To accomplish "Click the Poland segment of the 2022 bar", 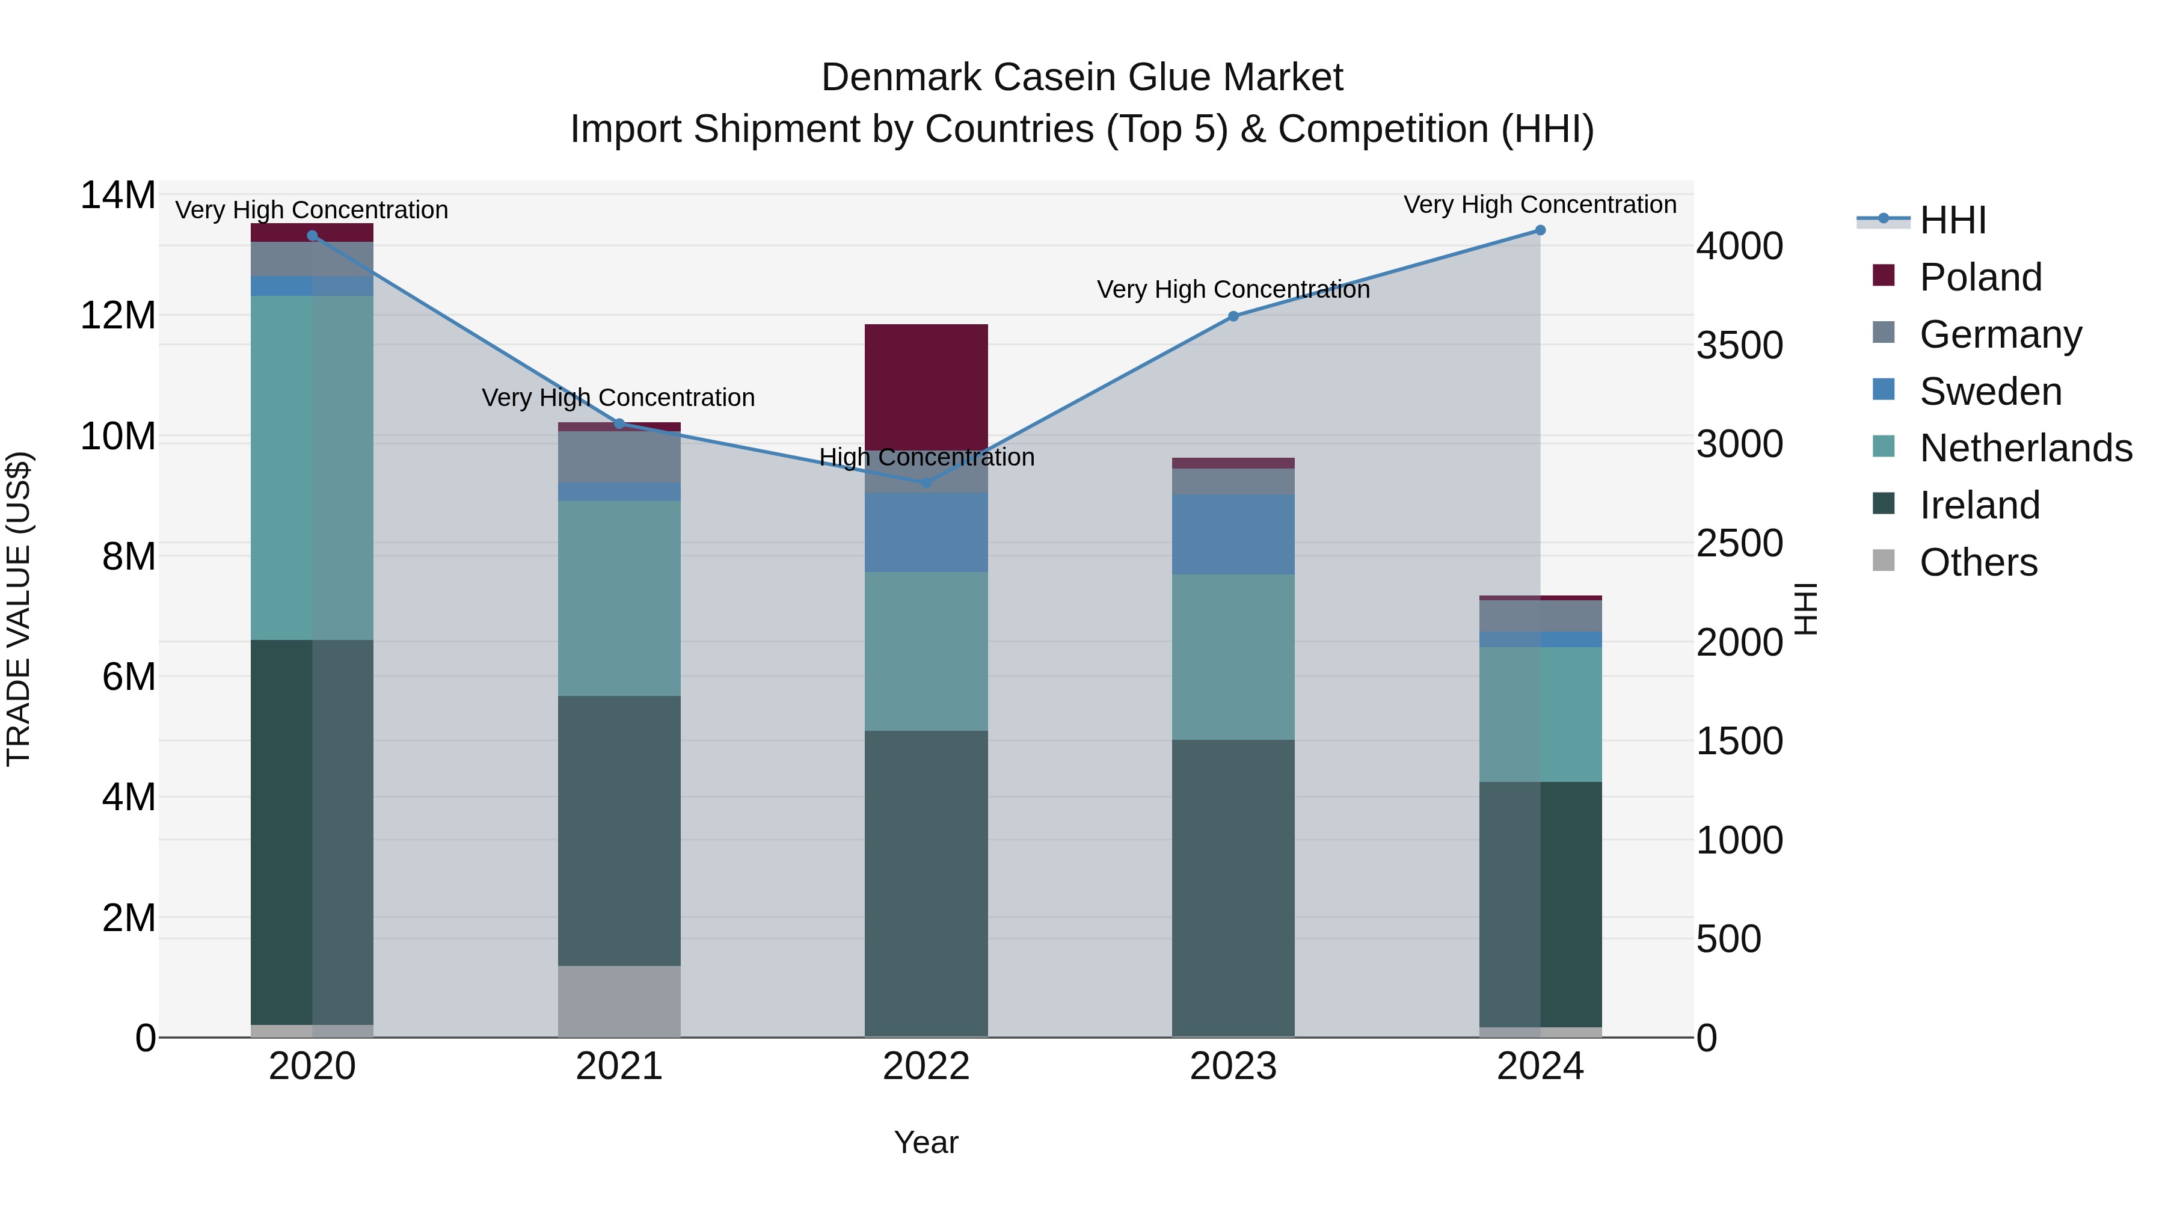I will (x=926, y=387).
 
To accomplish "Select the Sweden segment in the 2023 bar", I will (x=1233, y=535).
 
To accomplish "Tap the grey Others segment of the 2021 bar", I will (x=619, y=1001).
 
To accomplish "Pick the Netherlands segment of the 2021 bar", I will (x=619, y=598).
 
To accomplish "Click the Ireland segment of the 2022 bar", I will (x=926, y=882).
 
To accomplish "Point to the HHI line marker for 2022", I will (x=926, y=482).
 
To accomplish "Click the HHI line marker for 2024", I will (x=1540, y=230).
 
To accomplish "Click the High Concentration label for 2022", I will (x=926, y=457).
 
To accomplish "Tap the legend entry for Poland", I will (x=1980, y=277).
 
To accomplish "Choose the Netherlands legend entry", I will (x=2025, y=448).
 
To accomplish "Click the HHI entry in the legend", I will (x=1952, y=220).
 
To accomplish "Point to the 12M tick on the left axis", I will (x=118, y=316).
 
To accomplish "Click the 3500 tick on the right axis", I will (x=1739, y=345).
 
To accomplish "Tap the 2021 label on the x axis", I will (x=619, y=1066).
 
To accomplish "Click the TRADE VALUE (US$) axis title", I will (x=19, y=609).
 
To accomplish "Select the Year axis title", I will (x=926, y=1142).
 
